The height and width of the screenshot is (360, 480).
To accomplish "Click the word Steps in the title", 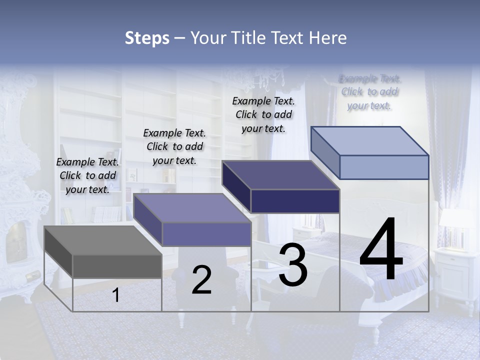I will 147,38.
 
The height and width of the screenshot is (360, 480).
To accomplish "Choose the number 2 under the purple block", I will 201,280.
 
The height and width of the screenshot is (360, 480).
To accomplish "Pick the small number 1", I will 116,295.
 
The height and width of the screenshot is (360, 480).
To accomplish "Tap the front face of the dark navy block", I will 295,201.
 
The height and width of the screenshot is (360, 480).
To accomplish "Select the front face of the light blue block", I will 384,167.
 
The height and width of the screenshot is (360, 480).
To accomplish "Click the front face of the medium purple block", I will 206,234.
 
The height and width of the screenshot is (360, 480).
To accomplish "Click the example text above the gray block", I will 87,175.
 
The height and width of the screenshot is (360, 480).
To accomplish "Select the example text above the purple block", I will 174,146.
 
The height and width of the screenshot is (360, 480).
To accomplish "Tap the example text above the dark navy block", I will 263,114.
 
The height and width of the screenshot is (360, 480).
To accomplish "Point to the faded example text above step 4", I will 369,92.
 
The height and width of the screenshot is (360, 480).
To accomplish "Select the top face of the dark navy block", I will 280,175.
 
